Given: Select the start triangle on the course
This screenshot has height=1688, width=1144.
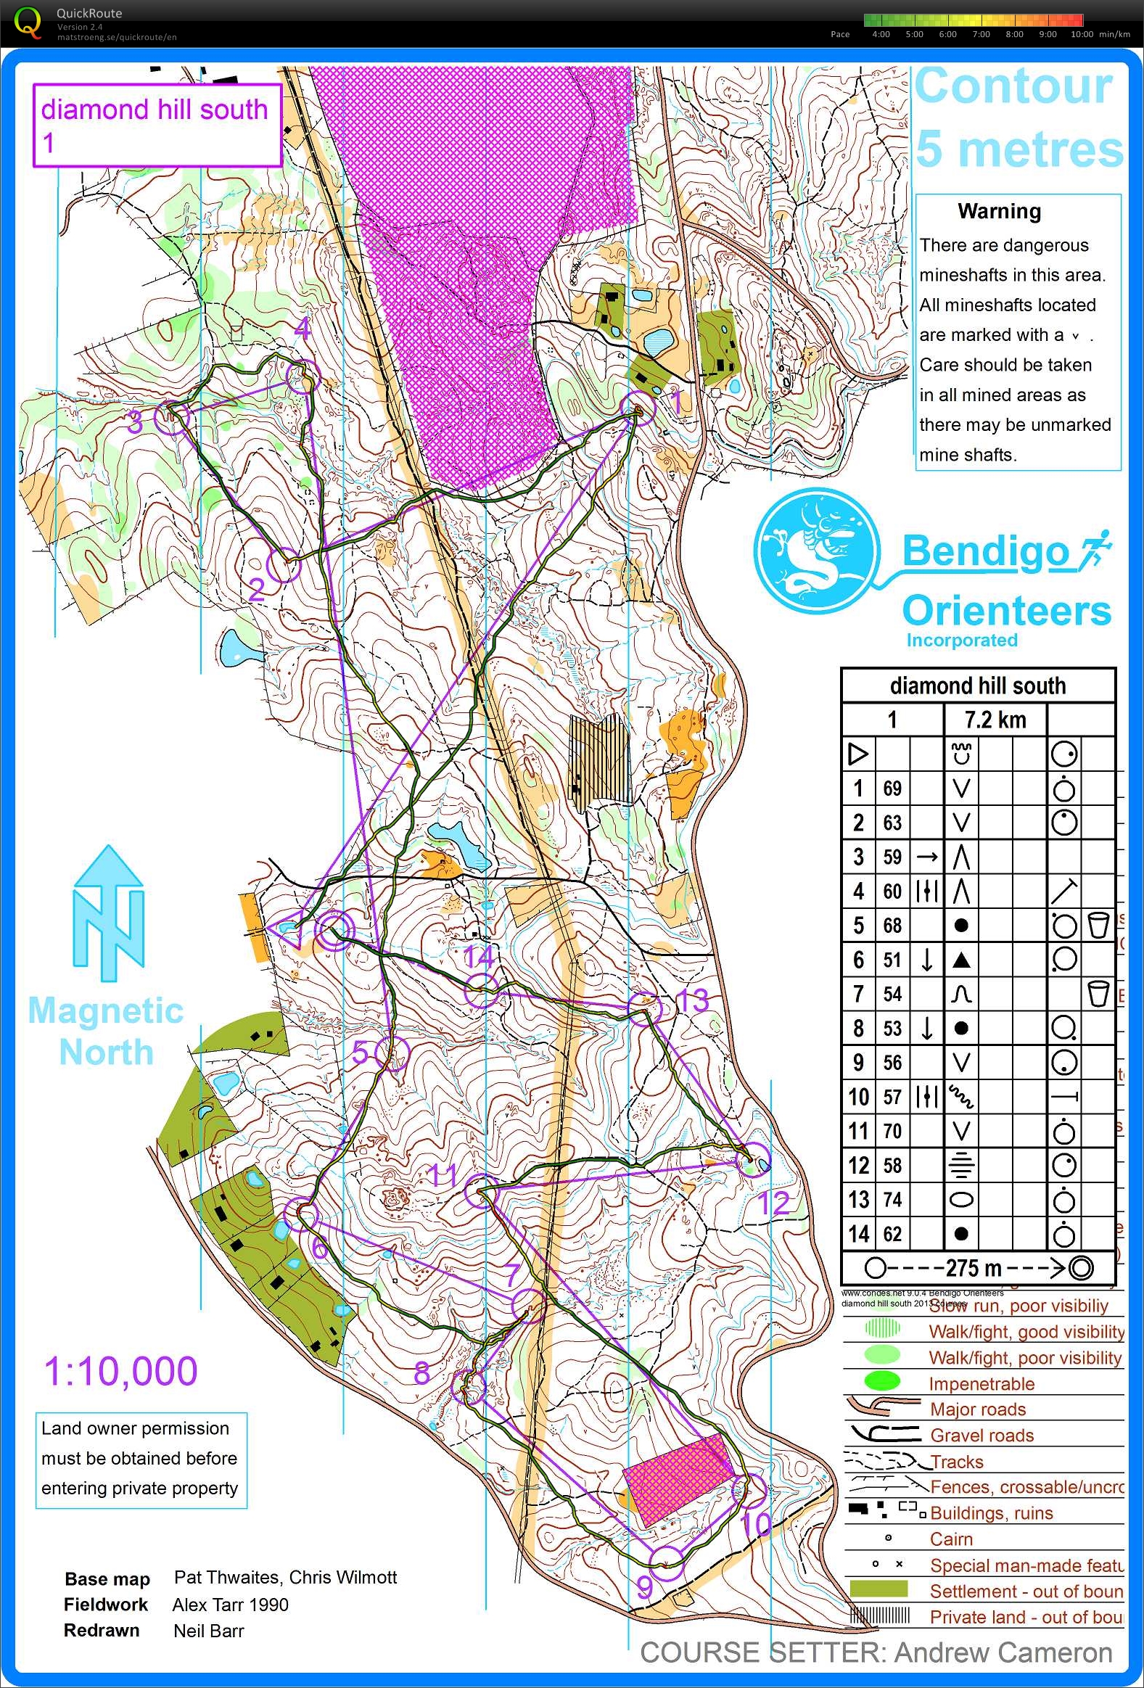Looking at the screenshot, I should click(289, 931).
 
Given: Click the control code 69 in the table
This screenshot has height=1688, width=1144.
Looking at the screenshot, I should click(892, 788).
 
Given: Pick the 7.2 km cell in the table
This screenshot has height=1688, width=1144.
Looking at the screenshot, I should click(995, 720).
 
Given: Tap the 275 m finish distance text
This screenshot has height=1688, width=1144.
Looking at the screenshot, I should click(974, 1268).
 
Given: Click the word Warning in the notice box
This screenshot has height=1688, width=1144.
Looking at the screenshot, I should click(999, 211).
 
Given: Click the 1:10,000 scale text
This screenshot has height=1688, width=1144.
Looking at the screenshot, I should click(120, 1371).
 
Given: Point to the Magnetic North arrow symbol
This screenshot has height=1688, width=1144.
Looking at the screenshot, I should click(109, 913).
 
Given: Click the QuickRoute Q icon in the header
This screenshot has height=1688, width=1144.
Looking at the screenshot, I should click(28, 22).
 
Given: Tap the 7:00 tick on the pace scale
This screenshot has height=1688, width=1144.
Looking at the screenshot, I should click(982, 34).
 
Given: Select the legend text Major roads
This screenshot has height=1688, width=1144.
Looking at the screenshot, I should click(978, 1409).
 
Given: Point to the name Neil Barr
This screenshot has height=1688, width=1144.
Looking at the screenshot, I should click(208, 1631).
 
